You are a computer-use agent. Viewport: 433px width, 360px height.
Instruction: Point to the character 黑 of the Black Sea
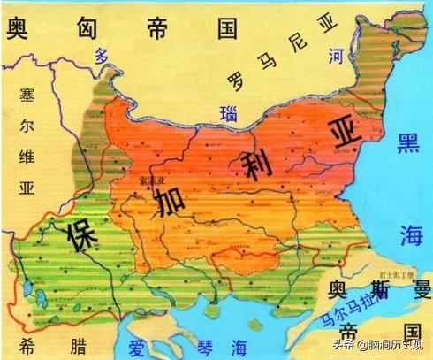(407, 145)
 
